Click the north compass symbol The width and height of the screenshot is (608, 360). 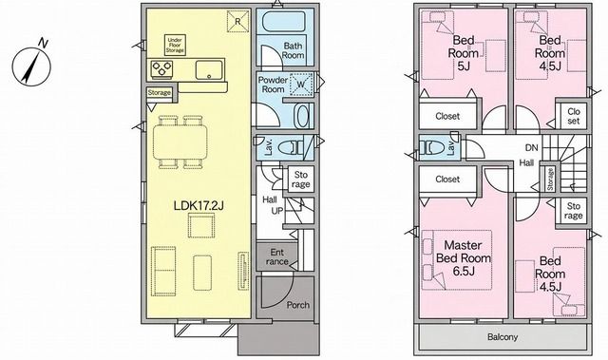point(31,63)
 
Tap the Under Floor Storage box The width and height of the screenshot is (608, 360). point(175,46)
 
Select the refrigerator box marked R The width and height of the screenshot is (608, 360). point(237,22)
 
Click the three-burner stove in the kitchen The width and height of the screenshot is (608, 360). point(161,69)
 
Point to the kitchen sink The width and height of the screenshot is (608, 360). point(209,69)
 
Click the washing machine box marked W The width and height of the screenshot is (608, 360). point(301,84)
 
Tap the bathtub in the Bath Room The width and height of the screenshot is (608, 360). point(284,22)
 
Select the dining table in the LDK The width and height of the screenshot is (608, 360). point(180,142)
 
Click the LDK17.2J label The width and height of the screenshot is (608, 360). point(199,206)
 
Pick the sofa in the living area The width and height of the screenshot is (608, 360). point(163,271)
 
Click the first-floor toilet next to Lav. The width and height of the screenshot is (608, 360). point(291,147)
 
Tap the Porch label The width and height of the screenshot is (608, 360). point(298,305)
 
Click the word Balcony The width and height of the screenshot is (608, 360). point(503,337)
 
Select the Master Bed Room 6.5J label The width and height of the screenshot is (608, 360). point(464,257)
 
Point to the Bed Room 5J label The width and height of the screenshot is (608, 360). point(464,52)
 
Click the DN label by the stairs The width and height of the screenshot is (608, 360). point(532,147)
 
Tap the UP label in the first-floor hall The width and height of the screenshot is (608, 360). point(277,211)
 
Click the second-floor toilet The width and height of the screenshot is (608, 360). point(433,147)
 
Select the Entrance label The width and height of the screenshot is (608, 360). point(277,256)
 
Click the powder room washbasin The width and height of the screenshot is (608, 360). point(303,116)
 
